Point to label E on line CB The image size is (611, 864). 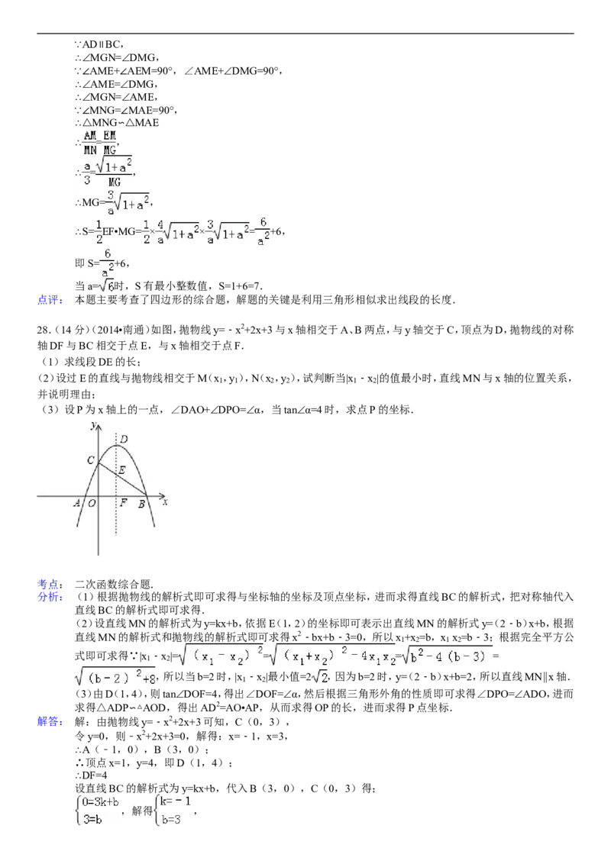[x=121, y=470]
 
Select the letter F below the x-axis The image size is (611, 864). [x=124, y=503]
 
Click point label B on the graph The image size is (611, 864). [x=141, y=504]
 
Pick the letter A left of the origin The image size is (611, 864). [x=77, y=503]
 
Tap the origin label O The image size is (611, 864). [x=92, y=503]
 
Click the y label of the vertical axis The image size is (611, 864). [x=92, y=425]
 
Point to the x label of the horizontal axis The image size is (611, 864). [x=165, y=503]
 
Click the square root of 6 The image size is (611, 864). [x=106, y=285]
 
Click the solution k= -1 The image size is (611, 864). [x=176, y=801]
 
